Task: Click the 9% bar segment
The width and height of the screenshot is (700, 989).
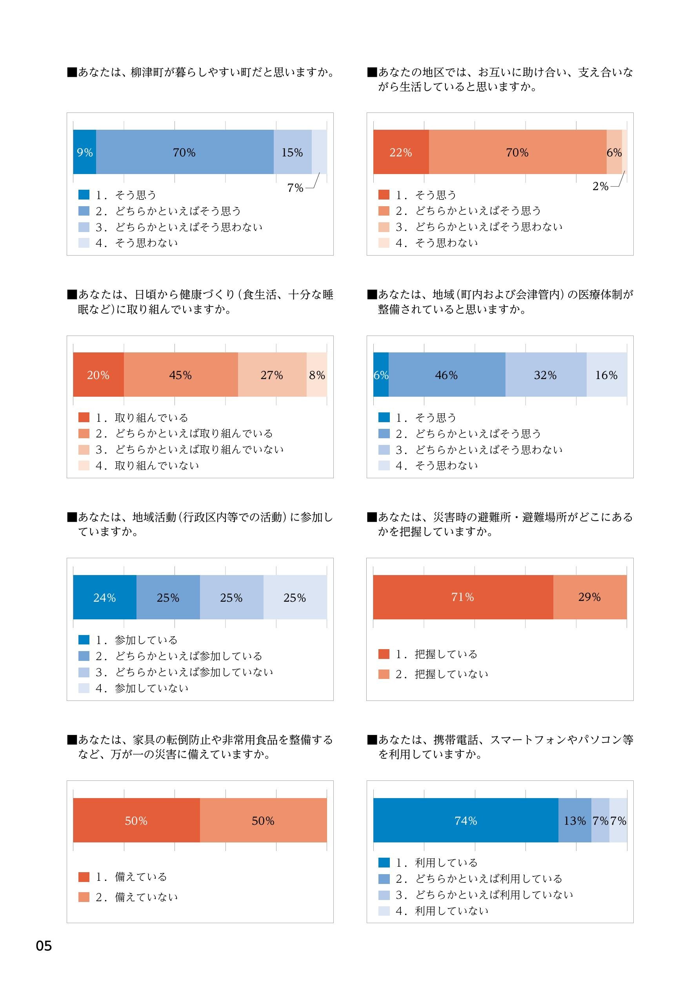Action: point(84,152)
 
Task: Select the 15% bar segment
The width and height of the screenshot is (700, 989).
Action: point(292,152)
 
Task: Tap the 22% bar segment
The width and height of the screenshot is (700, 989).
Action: point(401,152)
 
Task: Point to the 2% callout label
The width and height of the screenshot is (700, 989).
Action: point(600,187)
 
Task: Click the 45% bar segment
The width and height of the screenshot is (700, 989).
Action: point(181,375)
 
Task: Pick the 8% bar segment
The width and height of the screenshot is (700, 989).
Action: point(317,375)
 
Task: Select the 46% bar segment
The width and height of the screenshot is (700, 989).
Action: point(447,375)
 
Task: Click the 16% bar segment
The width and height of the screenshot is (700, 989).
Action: point(606,375)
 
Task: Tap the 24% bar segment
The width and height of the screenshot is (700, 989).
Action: point(105,597)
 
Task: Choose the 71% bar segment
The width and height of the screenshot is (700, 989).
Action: point(463,597)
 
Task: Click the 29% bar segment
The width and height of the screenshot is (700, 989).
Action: point(590,597)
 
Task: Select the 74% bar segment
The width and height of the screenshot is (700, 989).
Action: point(465,820)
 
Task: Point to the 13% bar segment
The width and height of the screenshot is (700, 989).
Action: point(575,820)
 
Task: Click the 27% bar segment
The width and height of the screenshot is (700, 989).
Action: point(272,375)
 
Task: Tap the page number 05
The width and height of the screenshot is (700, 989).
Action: point(44,946)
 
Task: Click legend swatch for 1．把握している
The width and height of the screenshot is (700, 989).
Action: point(384,654)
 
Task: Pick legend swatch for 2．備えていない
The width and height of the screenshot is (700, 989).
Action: point(84,897)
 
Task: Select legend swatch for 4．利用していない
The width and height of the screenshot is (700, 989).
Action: point(384,911)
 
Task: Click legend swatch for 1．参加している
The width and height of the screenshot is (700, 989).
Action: point(84,640)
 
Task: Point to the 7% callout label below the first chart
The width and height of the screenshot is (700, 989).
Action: point(295,188)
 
